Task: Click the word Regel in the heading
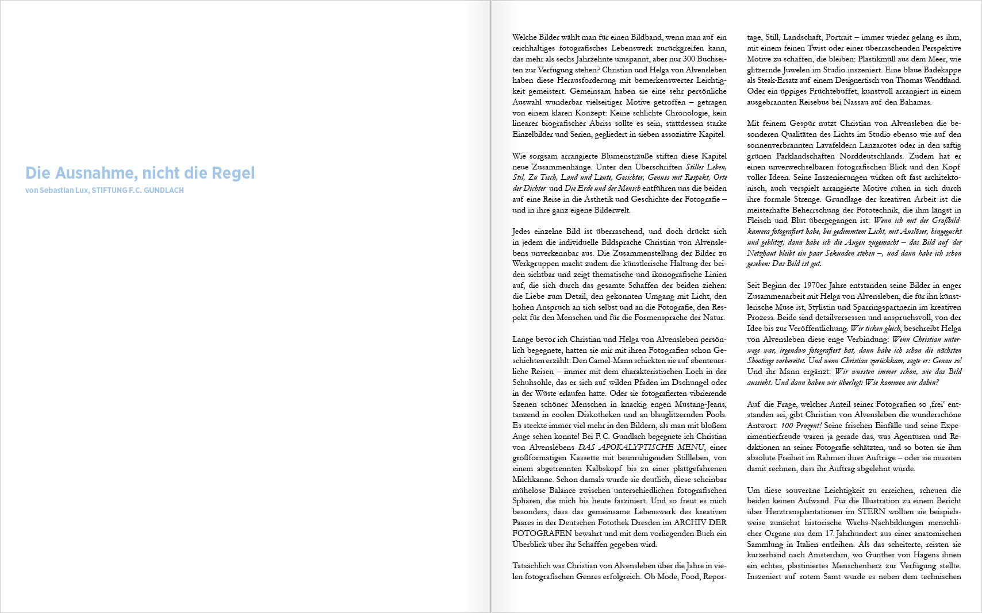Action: (x=233, y=173)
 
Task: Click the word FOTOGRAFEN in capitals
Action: (x=534, y=534)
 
